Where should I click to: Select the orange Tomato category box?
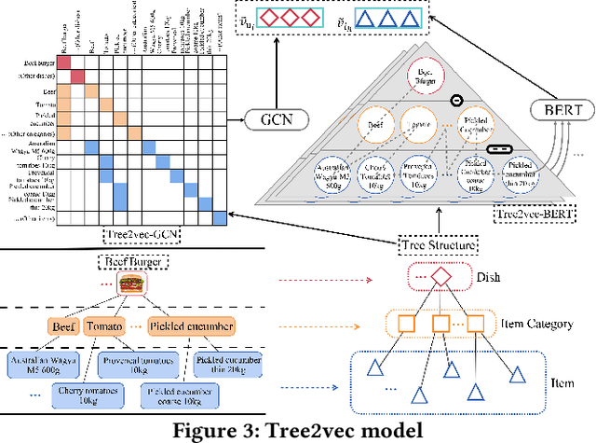tap(102, 326)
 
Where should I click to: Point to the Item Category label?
tap(523, 325)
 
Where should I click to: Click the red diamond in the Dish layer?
tap(439, 277)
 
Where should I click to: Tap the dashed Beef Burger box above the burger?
tap(130, 261)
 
